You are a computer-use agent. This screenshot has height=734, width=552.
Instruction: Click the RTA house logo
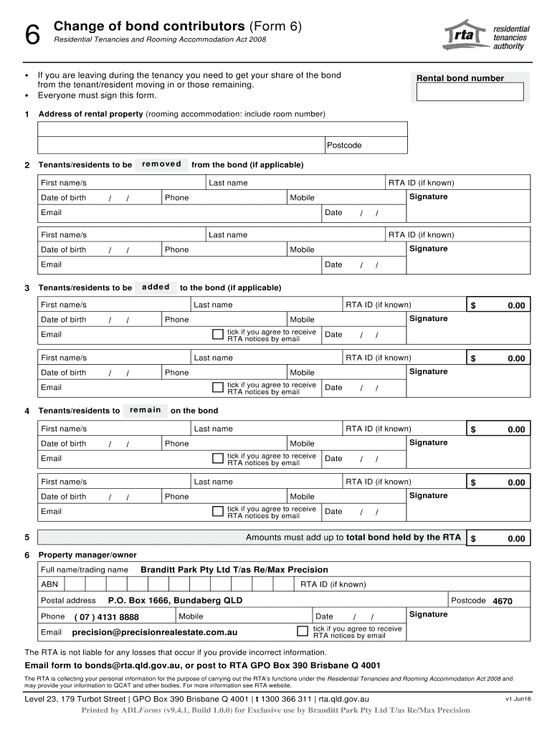[x=465, y=34]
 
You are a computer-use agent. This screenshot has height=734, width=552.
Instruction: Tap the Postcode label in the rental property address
[x=344, y=146]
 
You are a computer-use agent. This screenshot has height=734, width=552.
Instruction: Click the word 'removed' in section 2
[x=161, y=164]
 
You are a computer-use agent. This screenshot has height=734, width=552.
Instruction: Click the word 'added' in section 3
[x=156, y=287]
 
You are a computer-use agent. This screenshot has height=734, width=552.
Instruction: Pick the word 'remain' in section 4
[x=146, y=410]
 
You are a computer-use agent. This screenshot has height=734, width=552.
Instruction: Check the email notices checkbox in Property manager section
[x=303, y=631]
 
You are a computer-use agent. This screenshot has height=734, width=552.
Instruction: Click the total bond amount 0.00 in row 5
[x=516, y=539]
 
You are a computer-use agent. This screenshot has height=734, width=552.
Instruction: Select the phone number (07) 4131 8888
[x=107, y=617]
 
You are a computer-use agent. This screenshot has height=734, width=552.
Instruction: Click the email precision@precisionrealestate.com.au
[x=154, y=632]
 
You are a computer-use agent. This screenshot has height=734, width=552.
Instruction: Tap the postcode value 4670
[x=503, y=601]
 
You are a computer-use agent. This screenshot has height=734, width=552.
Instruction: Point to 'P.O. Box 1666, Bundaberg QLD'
[x=175, y=601]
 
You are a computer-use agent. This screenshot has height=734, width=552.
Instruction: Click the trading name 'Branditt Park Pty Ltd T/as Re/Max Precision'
[x=234, y=570]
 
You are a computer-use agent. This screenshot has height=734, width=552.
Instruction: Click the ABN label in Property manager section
[x=49, y=585]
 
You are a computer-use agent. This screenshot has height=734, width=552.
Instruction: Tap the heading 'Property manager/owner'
[x=87, y=555]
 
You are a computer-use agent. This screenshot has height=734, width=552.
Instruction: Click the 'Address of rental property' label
[x=90, y=114]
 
